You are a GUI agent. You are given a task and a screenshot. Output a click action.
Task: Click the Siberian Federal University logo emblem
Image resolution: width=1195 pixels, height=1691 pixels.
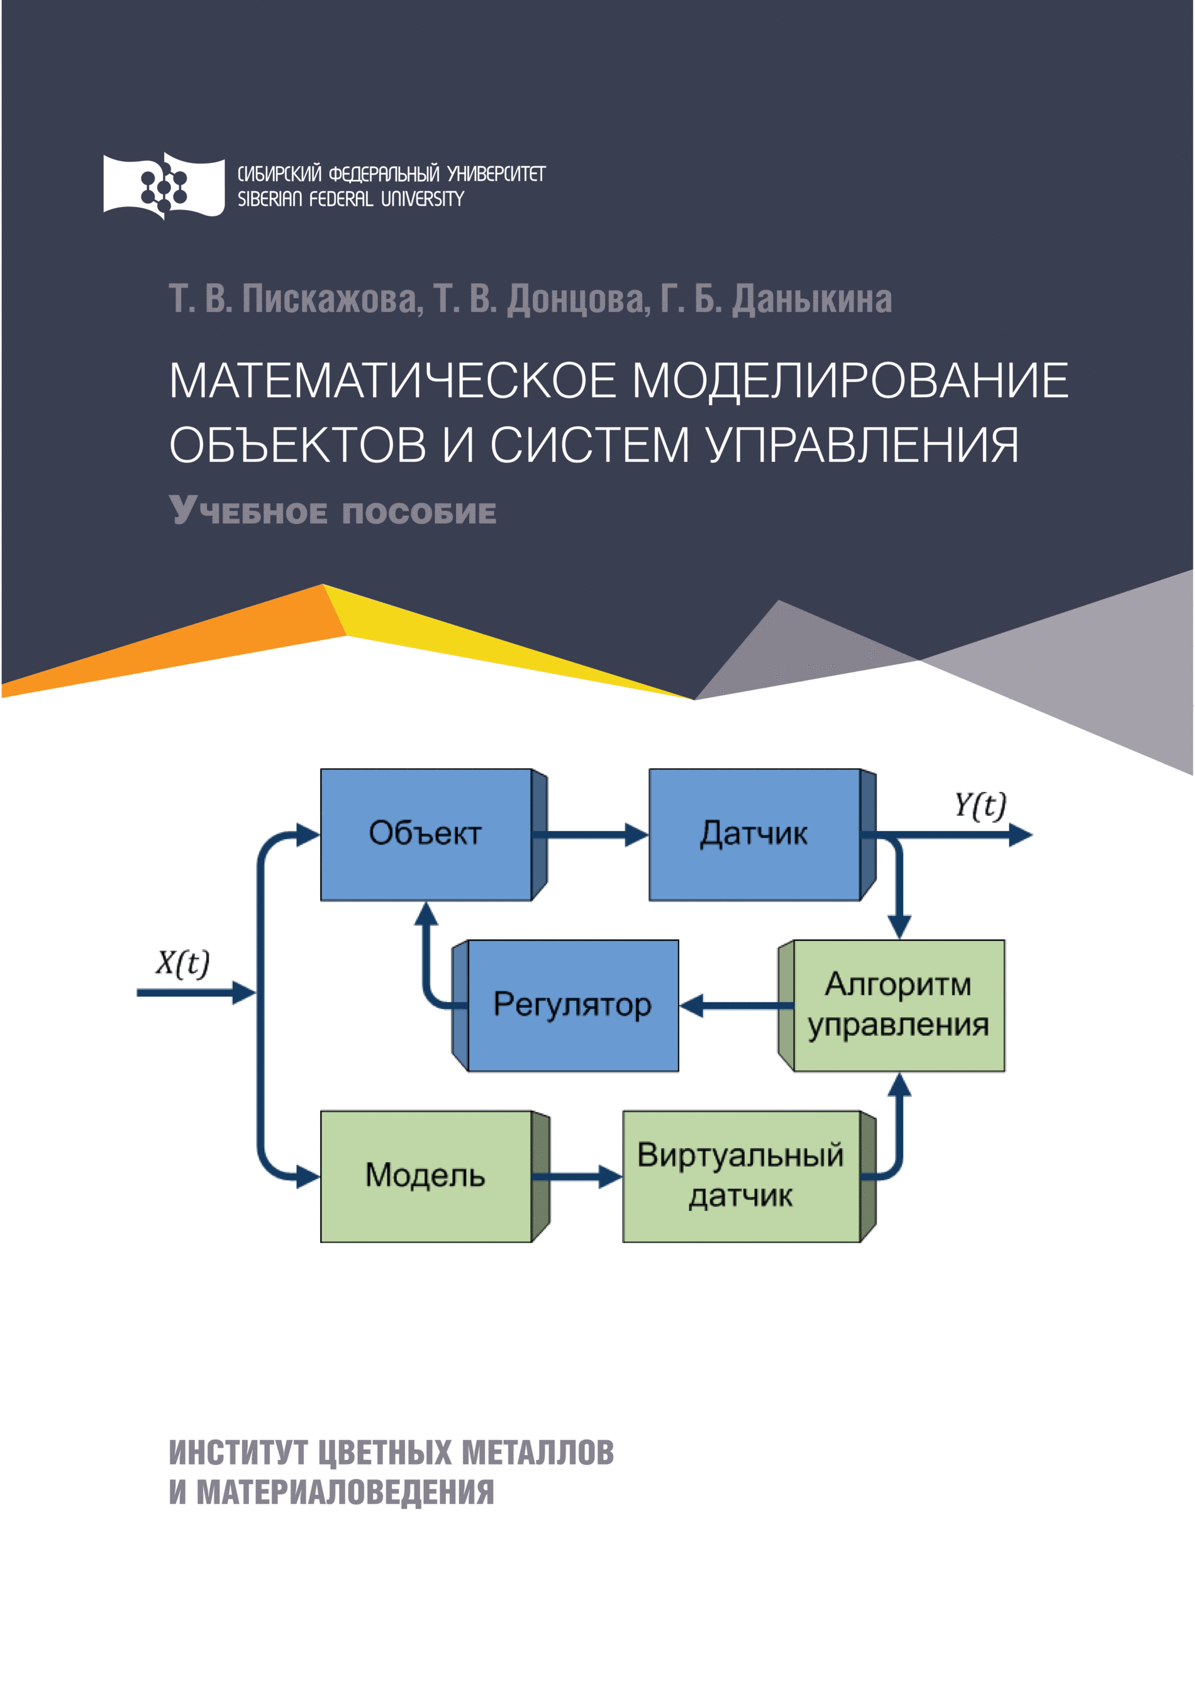point(163,186)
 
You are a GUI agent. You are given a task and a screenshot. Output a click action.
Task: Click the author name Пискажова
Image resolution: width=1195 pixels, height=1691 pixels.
point(329,299)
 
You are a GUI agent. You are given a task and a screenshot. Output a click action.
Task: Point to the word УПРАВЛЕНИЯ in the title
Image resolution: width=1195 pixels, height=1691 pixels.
point(863,445)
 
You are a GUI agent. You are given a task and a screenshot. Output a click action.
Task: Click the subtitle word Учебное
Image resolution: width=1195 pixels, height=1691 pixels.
point(247,511)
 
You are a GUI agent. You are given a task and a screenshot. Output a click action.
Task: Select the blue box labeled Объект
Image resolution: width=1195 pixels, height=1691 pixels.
point(426,834)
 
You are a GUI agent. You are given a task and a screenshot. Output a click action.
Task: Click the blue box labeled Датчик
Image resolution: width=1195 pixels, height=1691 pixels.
point(754,834)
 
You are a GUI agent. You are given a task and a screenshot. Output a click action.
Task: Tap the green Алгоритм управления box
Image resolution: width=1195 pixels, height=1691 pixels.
point(898,1005)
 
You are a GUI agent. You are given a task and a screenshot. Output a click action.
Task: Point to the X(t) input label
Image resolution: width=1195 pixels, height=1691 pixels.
point(182,963)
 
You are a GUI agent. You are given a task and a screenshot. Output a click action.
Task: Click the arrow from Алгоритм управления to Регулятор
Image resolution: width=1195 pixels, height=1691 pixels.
point(729,1005)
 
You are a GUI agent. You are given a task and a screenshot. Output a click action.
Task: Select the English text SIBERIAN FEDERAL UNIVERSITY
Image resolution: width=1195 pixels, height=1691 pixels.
point(350,199)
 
